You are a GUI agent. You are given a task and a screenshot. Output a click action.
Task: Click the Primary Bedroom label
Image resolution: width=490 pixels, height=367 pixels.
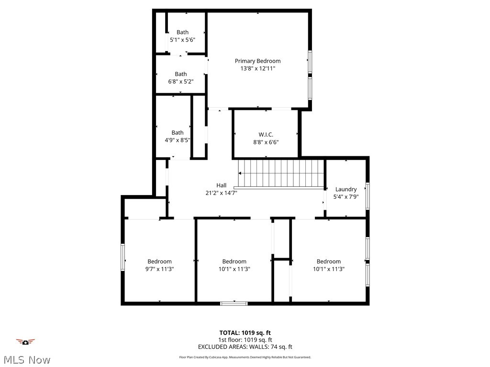point(257,61)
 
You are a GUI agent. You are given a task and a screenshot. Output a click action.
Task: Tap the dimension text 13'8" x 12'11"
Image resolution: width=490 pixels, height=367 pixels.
point(257,68)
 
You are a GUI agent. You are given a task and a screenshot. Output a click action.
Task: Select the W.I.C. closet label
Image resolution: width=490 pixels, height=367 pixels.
point(266,134)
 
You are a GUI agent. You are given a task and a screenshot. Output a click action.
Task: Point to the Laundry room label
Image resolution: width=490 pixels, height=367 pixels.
point(346,189)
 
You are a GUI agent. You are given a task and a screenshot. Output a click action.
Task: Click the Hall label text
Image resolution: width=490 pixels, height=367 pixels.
point(221,185)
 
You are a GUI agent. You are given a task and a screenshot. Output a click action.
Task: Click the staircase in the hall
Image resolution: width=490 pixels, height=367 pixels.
point(281,173)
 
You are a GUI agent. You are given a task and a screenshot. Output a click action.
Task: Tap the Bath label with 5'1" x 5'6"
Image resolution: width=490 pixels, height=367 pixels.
point(182,32)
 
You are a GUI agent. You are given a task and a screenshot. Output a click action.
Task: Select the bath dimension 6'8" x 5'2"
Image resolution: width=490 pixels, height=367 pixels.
point(181,82)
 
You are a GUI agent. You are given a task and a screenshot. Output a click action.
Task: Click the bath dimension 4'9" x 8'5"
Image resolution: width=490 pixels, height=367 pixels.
point(178,140)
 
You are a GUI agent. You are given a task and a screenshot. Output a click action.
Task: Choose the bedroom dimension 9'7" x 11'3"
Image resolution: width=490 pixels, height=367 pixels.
point(159,269)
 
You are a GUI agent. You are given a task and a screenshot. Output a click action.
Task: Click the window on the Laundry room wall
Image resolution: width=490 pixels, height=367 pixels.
point(367,196)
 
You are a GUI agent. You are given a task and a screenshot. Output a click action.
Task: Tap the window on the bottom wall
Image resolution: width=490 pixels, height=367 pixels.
point(234,303)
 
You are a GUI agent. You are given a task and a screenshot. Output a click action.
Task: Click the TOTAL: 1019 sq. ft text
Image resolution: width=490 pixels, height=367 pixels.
point(245,333)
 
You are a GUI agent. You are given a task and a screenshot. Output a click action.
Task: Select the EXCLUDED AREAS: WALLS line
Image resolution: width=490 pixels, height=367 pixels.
point(245,347)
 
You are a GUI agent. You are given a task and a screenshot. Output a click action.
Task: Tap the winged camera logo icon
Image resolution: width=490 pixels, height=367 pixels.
point(25,342)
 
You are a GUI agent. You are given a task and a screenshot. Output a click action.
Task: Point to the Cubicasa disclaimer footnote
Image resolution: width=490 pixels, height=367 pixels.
point(245,357)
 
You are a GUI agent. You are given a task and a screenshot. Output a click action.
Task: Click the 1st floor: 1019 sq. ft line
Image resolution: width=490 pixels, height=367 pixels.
point(245,340)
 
